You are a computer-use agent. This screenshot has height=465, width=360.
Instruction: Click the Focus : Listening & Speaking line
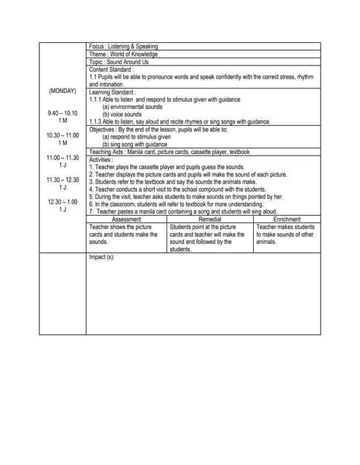pyautogui.click(x=123, y=46)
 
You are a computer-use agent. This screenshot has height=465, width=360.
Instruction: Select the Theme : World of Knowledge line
pyautogui.click(x=123, y=54)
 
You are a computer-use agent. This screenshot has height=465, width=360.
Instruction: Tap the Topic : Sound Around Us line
pyautogui.click(x=119, y=62)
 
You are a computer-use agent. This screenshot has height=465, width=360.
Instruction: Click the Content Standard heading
pyautogui.click(x=112, y=70)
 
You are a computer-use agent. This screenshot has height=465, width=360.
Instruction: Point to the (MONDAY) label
pyautogui.click(x=63, y=92)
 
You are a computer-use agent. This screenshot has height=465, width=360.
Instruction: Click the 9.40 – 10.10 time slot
pyautogui.click(x=63, y=113)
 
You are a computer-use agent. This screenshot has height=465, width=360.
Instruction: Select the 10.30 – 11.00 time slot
pyautogui.click(x=63, y=136)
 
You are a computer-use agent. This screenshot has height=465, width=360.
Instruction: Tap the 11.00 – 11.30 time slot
pyautogui.click(x=63, y=158)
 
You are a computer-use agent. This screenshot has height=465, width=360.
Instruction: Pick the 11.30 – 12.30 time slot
pyautogui.click(x=63, y=180)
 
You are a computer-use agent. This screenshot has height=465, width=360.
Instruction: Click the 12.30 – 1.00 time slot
pyautogui.click(x=63, y=202)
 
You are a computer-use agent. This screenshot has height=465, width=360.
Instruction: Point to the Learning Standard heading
pyautogui.click(x=113, y=92)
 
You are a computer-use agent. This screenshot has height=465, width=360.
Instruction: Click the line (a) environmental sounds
pyautogui.click(x=132, y=107)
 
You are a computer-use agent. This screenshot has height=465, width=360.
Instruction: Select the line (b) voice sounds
pyautogui.click(x=122, y=114)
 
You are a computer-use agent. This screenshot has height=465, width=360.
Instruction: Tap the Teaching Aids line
pyautogui.click(x=169, y=152)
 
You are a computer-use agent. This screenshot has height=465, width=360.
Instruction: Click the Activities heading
pyautogui.click(x=102, y=159)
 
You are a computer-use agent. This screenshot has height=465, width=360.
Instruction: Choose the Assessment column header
pyautogui.click(x=127, y=219)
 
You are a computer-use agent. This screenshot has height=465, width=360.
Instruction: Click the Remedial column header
pyautogui.click(x=210, y=219)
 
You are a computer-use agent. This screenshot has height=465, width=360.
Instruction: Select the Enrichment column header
pyautogui.click(x=287, y=219)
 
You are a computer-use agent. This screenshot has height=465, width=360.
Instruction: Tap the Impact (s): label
pyautogui.click(x=102, y=257)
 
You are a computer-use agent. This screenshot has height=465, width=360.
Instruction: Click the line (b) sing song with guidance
pyautogui.click(x=135, y=144)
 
